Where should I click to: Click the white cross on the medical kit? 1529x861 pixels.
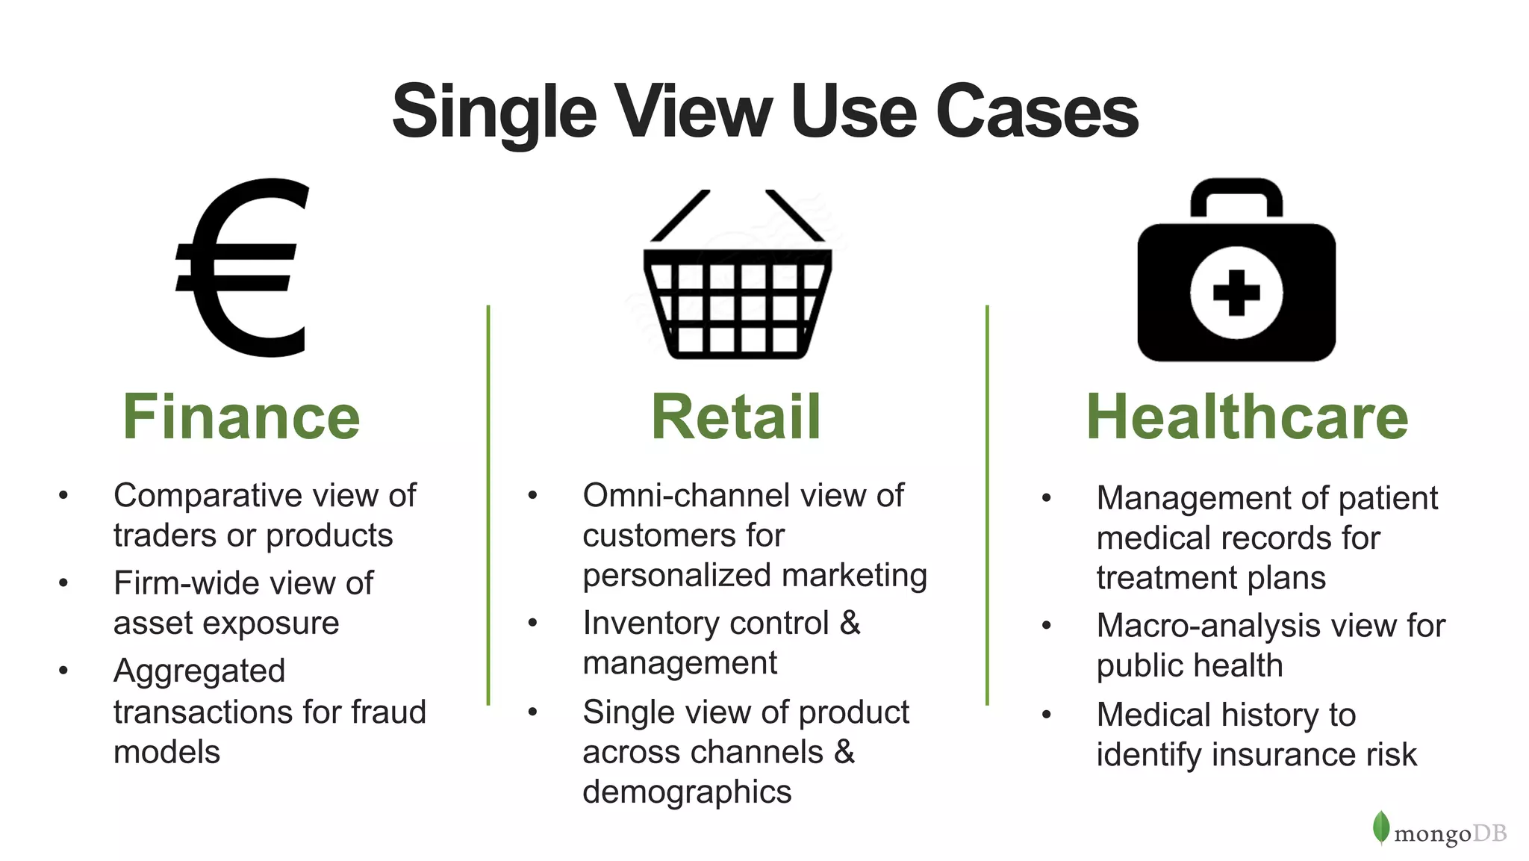tap(1236, 292)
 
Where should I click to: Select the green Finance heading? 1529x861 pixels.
tap(241, 417)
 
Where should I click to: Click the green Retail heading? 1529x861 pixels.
tap(736, 417)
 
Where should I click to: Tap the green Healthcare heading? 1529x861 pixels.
tap(1247, 417)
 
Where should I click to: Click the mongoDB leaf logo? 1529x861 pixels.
tap(1381, 827)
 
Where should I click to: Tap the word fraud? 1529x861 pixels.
tap(389, 712)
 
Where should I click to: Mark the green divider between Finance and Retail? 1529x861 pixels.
tap(488, 505)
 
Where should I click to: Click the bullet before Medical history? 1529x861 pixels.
tap(1047, 715)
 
